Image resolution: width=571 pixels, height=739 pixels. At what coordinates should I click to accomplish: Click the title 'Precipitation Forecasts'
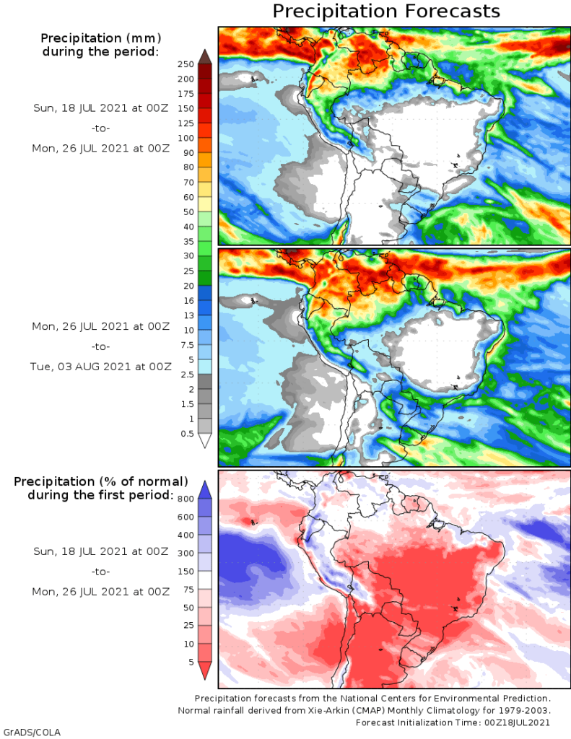385,12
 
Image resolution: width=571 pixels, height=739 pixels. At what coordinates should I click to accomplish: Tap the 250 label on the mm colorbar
186,64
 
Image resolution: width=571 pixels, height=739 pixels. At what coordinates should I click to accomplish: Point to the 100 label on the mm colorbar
186,138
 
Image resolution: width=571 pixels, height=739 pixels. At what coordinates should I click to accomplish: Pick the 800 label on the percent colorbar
186,499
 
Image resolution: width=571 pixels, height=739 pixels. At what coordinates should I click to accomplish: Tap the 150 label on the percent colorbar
186,572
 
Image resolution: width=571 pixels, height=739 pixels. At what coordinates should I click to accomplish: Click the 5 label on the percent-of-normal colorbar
190,663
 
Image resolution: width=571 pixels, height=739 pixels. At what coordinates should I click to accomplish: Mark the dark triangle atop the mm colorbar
204,56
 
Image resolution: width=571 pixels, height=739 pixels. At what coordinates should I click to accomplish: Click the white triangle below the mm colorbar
204,440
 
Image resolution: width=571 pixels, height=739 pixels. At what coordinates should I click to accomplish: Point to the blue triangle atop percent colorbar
204,489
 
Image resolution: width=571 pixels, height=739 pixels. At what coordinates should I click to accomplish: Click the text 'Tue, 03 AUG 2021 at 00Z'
101,366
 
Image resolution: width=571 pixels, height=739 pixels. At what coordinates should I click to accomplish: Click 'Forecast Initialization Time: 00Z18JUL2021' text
453,722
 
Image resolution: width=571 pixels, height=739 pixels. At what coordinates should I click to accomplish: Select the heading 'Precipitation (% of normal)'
101,481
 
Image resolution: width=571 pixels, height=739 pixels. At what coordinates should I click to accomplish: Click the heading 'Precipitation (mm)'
100,38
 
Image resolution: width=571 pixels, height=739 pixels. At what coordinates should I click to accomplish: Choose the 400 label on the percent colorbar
186,535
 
